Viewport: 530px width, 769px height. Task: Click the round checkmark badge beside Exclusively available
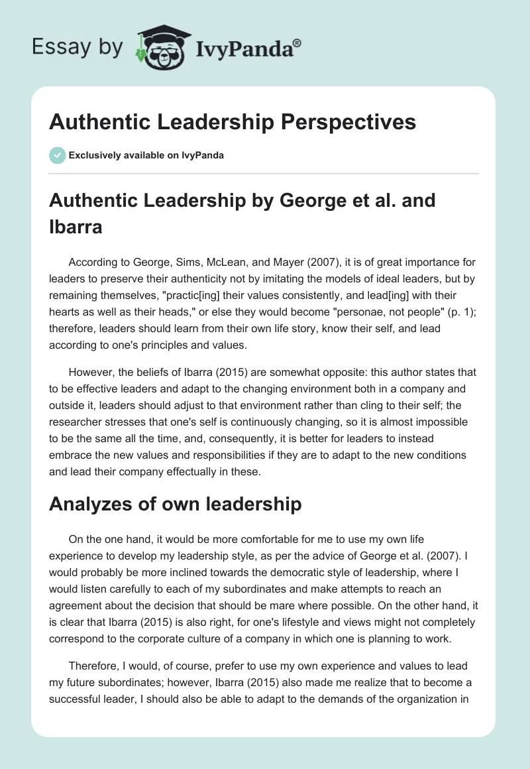[57, 155]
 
